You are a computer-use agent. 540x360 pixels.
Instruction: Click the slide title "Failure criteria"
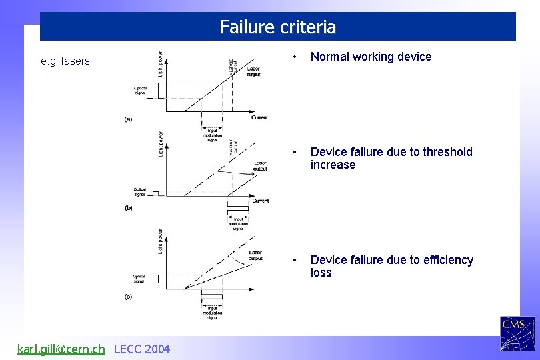coord(277,27)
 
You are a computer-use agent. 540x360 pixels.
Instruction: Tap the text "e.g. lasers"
coord(65,61)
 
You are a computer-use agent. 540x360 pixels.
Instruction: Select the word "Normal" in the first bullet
coord(331,57)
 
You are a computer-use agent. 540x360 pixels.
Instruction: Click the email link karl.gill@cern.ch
coord(61,349)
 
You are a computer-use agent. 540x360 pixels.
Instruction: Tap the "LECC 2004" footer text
coord(142,349)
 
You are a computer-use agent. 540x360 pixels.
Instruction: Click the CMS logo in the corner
coord(517,333)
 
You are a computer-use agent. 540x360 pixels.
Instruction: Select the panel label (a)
coord(129,119)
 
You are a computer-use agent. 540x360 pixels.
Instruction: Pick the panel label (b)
coord(129,208)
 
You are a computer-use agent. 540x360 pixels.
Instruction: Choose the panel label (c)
coord(129,296)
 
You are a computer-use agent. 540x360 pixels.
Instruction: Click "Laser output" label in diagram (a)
coord(254,72)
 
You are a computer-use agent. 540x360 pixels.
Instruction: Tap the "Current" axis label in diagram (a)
coord(259,117)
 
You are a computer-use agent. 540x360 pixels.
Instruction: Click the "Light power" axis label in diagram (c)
coord(160,241)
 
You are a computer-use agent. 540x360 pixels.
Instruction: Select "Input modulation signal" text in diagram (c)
coord(213,312)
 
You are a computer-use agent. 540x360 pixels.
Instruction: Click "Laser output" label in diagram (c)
coord(255,255)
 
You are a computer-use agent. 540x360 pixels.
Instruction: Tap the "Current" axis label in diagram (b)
coord(261,201)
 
